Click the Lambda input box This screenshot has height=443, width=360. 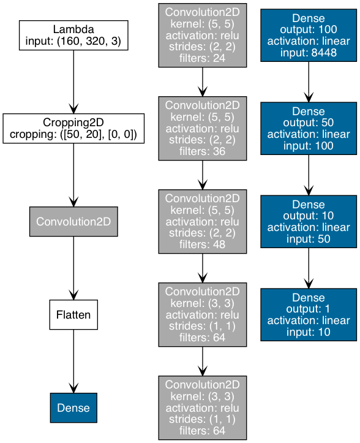(73, 36)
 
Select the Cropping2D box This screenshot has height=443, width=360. (73, 129)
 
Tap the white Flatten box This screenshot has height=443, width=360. (73, 315)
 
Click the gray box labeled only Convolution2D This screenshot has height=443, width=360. (73, 222)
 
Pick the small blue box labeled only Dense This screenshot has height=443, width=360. (73, 407)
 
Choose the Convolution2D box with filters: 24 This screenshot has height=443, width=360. (203, 36)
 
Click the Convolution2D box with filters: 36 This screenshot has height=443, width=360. (203, 129)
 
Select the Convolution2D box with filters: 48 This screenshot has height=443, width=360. (203, 222)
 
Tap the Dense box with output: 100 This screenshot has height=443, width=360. (309, 36)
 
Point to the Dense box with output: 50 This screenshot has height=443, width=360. (309, 129)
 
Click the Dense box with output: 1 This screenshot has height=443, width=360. (309, 315)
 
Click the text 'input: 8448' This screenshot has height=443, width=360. (309, 53)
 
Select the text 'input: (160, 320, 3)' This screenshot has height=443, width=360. (73, 41)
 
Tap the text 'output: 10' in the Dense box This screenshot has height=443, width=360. (309, 216)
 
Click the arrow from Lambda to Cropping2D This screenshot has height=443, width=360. (73, 82)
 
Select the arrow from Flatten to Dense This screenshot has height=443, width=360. (73, 361)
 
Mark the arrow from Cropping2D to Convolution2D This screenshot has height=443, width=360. (73, 175)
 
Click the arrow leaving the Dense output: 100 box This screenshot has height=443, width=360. (309, 82)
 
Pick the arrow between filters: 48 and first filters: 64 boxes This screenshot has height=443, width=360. (203, 268)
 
